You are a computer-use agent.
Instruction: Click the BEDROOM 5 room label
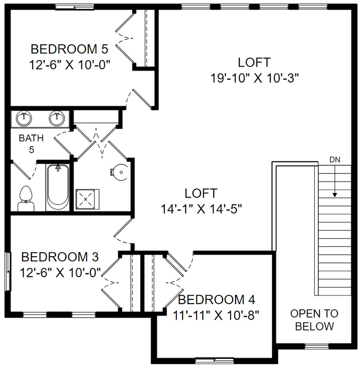69,49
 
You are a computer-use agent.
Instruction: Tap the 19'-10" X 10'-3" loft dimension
254,78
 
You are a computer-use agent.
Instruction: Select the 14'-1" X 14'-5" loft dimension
201,209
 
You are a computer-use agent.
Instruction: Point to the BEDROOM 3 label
60,257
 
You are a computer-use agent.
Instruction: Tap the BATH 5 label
31,144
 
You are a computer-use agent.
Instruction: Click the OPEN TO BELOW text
314,320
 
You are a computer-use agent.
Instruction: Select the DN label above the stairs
335,160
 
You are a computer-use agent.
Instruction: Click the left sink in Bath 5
23,118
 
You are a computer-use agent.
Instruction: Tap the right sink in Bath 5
57,118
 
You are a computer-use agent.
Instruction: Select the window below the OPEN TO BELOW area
316,346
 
